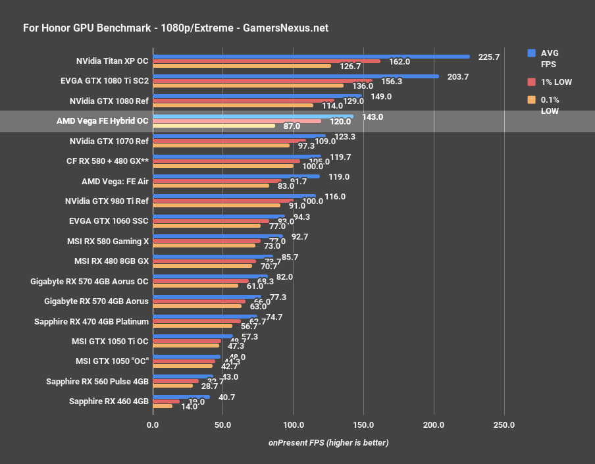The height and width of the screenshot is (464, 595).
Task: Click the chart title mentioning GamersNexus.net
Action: pos(176,28)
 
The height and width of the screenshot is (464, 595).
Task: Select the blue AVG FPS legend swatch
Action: pos(532,53)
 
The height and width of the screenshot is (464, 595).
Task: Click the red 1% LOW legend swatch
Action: pos(532,82)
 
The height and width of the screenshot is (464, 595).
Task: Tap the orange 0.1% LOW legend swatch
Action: pos(532,100)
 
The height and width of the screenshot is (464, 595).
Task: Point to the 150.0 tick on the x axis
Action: pos(363,425)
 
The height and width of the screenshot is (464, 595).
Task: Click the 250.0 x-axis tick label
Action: pos(504,425)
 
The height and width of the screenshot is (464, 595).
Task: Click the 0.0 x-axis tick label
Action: pos(153,425)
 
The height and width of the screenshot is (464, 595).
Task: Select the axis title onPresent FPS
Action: pos(328,442)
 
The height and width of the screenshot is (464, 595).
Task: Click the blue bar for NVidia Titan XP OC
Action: pos(311,57)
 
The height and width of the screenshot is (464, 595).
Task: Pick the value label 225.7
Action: pos(489,57)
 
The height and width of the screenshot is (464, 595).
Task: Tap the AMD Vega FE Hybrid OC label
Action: pos(103,121)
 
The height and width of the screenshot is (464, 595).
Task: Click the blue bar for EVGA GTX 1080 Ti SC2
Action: pos(296,76)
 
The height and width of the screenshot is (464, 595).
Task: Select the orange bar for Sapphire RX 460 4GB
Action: pos(163,406)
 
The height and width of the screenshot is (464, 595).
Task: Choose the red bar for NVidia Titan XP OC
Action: pos(266,61)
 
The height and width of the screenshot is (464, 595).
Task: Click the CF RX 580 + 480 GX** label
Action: pos(107,161)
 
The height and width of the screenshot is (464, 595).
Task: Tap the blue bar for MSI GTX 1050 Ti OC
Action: pos(193,336)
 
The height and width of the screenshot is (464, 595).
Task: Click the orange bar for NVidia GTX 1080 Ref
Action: pos(232,105)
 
